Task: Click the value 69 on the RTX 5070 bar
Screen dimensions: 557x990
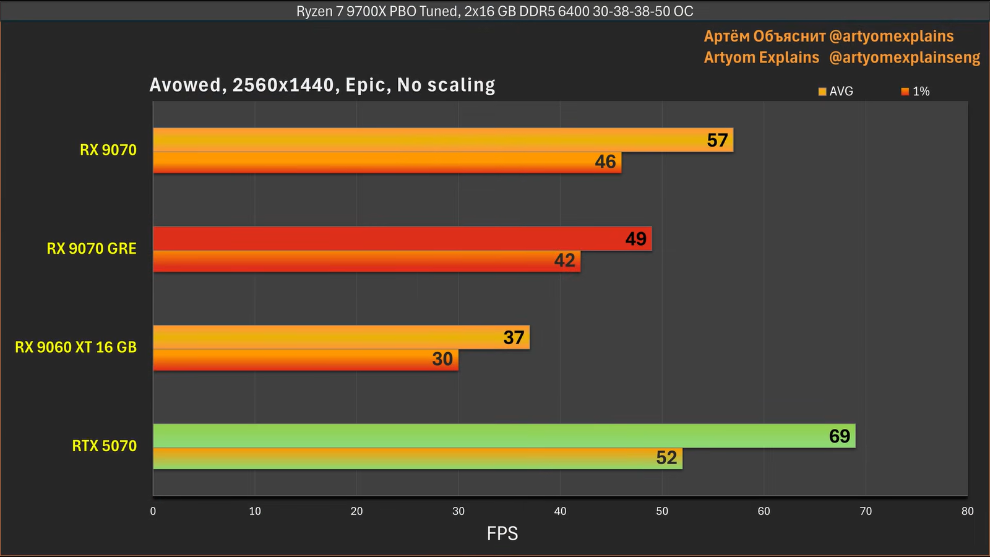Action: tap(839, 436)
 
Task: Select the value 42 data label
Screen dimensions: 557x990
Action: tap(564, 261)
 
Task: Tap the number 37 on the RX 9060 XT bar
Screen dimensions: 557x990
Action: tap(514, 337)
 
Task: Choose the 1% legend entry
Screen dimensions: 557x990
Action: tap(916, 92)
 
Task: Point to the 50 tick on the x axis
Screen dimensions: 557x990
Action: tap(662, 511)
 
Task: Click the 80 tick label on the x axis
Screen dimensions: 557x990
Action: tap(967, 511)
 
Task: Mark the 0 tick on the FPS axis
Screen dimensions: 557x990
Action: tap(153, 511)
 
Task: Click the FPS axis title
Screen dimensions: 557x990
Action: tap(502, 533)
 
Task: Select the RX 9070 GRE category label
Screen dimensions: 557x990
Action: tap(92, 249)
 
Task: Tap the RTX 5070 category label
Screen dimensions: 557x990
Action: tap(104, 446)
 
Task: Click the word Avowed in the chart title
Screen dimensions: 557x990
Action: tap(186, 85)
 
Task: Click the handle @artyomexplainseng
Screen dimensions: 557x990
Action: tap(904, 58)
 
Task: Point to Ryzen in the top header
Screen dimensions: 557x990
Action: tap(314, 12)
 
